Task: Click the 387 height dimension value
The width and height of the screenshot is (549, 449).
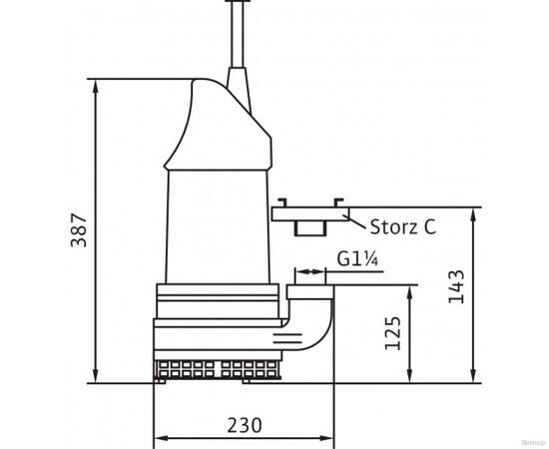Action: point(78,231)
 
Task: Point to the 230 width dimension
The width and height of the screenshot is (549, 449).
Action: point(245,426)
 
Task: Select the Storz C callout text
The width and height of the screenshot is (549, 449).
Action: point(401,226)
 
